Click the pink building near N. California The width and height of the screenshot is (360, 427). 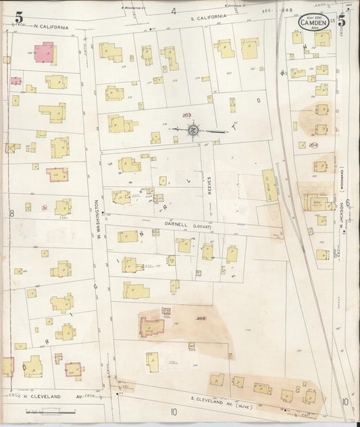(x=45, y=51)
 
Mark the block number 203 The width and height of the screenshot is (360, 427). (x=187, y=115)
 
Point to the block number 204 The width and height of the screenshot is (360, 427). (x=313, y=145)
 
